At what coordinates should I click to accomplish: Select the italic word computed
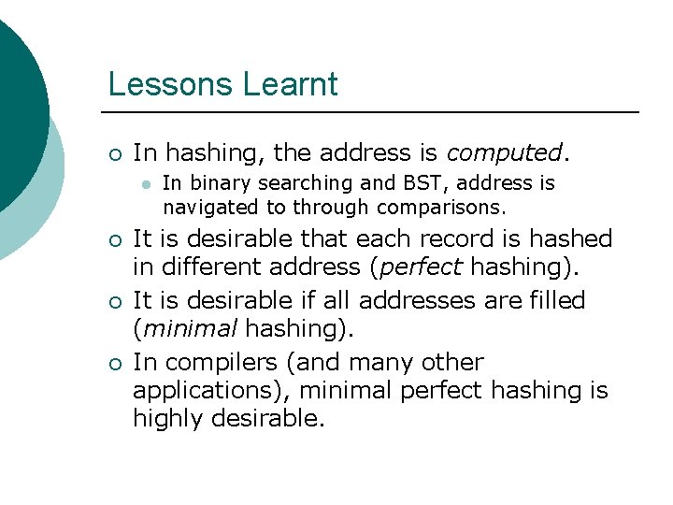(x=504, y=152)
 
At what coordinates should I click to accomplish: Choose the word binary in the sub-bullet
(x=222, y=183)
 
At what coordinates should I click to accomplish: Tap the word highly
(x=166, y=418)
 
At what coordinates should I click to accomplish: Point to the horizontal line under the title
(x=374, y=112)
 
